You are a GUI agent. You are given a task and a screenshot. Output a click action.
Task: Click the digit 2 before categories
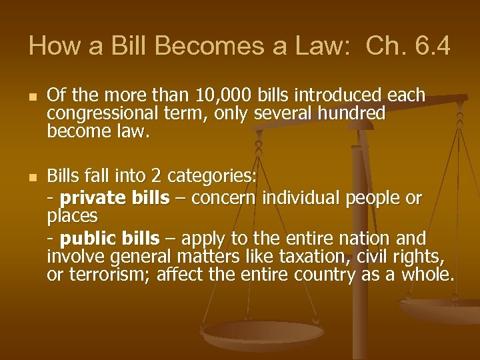coord(156,176)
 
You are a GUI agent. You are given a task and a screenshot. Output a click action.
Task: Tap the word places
coord(73,216)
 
